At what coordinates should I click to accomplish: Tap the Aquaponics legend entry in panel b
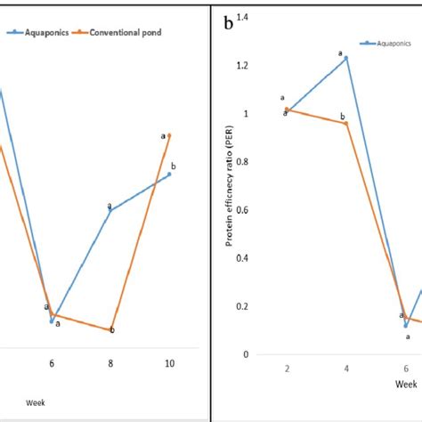390,42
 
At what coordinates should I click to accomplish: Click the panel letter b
229,24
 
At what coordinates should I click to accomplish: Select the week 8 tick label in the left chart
111,364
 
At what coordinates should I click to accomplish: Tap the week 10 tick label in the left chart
169,364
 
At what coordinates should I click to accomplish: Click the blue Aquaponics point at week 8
110,210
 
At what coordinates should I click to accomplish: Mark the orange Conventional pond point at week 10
169,134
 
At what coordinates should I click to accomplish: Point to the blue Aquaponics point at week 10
169,174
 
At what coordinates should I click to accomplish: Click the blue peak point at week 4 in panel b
345,58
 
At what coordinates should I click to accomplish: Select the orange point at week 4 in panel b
345,123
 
